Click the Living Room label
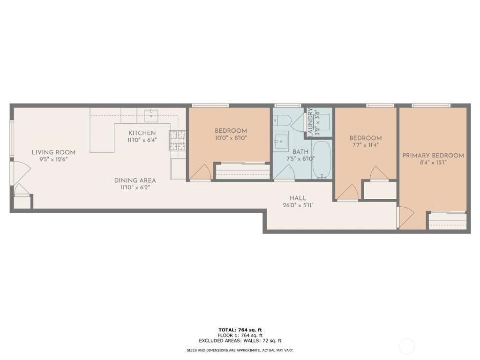click(x=53, y=152)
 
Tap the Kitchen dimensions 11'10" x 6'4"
click(x=142, y=140)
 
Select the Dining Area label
click(x=135, y=180)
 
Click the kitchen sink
click(x=151, y=115)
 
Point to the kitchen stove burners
click(x=178, y=141)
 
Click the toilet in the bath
click(x=281, y=120)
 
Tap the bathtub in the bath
click(x=321, y=159)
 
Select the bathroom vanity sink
click(x=281, y=142)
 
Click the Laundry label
click(x=310, y=121)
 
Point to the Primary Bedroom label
click(x=433, y=156)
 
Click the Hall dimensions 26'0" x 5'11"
click(x=298, y=205)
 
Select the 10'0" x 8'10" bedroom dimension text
click(x=231, y=138)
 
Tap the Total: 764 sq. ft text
click(x=240, y=330)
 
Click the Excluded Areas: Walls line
click(x=240, y=340)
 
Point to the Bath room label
click(x=300, y=152)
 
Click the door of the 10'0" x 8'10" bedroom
click(x=200, y=172)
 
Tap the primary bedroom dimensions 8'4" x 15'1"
click(x=433, y=163)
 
